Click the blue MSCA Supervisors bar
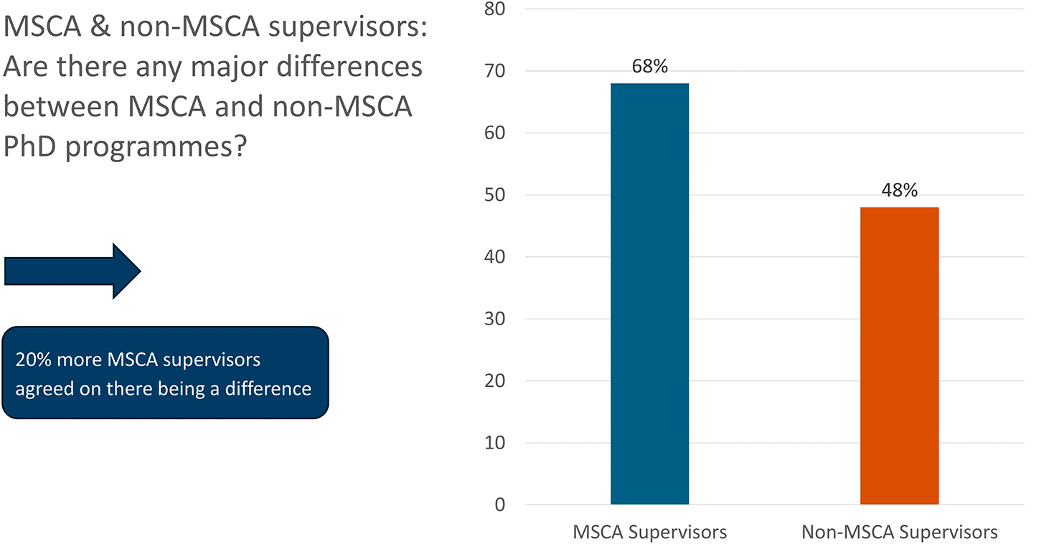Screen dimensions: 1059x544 [649, 294]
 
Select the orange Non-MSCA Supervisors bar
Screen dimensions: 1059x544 [899, 356]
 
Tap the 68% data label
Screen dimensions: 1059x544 [649, 67]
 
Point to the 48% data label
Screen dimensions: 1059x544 [899, 190]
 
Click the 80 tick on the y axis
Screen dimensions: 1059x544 [494, 9]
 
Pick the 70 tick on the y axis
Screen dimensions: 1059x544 [494, 71]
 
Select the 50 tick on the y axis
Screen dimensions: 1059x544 [494, 195]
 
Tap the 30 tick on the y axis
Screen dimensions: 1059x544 [494, 319]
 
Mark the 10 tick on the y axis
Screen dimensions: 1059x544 [494, 443]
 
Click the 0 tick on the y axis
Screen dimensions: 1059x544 [499, 505]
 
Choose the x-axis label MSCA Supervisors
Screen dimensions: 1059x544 [649, 533]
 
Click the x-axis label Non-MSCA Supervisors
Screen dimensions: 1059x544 [899, 533]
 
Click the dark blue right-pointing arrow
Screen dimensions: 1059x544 [72, 271]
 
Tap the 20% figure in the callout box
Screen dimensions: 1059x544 [33, 360]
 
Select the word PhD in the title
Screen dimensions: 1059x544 [30, 146]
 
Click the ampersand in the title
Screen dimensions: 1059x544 [100, 26]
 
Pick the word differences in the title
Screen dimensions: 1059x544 [349, 66]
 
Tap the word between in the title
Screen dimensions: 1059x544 [61, 106]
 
